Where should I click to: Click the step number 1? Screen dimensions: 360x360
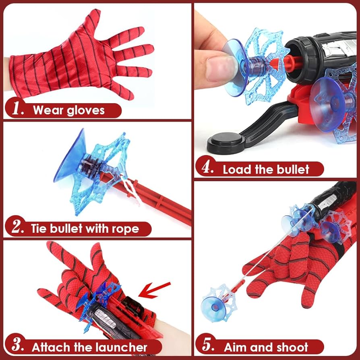click(18, 109)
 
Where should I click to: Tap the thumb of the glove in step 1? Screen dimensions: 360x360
click(93, 20)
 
